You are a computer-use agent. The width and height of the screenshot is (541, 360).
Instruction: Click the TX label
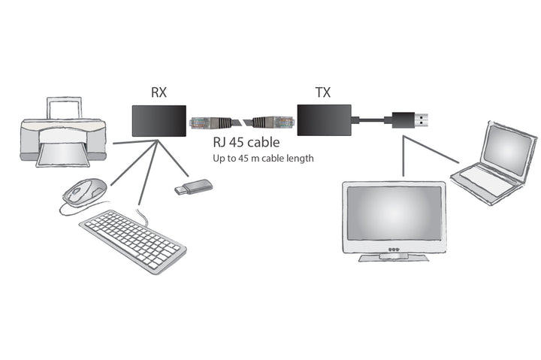[323, 93]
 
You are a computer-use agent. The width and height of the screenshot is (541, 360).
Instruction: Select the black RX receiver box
[159, 121]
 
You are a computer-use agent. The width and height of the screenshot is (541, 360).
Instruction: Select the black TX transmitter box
[325, 121]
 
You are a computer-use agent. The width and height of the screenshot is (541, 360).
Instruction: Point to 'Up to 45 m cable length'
[261, 159]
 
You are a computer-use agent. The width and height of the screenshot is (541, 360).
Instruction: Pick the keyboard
[132, 239]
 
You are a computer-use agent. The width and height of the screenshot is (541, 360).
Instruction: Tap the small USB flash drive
[193, 186]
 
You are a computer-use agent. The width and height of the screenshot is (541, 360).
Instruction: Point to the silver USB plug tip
[424, 118]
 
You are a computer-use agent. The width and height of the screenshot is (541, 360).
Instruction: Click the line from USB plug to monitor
[403, 156]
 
